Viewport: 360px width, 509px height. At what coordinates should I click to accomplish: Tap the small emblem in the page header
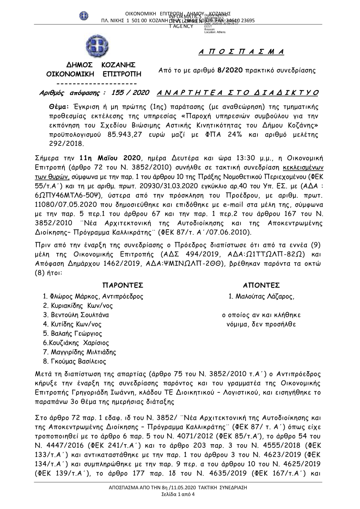84,16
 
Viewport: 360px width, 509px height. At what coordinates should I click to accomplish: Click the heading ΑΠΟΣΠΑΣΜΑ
242,52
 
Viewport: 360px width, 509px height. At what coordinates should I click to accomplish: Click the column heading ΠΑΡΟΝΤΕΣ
123,285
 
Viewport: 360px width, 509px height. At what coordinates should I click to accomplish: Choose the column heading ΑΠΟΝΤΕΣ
261,285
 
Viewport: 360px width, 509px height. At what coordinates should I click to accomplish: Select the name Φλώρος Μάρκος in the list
74,297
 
